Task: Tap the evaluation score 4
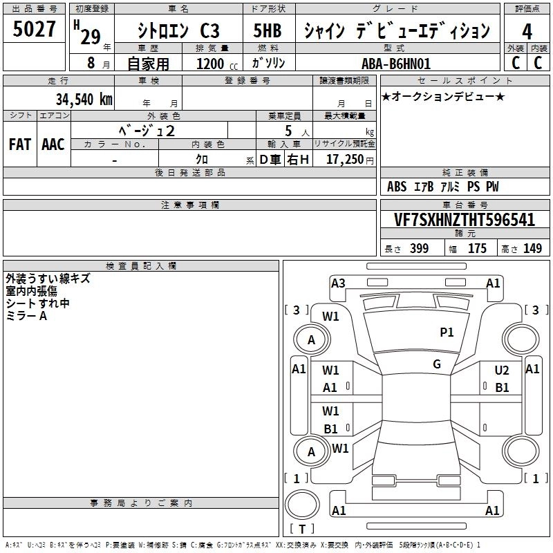[x=527, y=32]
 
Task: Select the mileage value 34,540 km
[x=84, y=99]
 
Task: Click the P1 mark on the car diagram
[x=447, y=332]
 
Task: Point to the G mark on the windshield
[x=437, y=364]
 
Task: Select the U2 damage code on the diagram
[x=502, y=371]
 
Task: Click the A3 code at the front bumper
[x=338, y=283]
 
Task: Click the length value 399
[x=419, y=249]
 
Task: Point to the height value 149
[x=532, y=249]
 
